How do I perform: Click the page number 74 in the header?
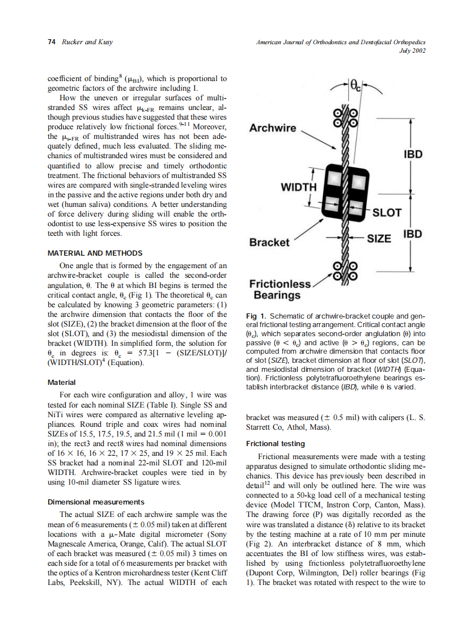click(50, 43)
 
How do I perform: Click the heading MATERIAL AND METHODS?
click(95, 253)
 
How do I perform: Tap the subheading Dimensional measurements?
click(96, 502)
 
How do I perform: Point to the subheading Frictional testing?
click(276, 443)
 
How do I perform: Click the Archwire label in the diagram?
click(273, 128)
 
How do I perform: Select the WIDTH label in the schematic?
click(299, 187)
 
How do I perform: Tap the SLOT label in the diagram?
click(387, 213)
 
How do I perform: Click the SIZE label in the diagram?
click(379, 238)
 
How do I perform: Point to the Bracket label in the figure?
click(269, 242)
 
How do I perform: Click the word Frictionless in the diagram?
click(281, 284)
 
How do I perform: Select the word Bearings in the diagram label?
click(277, 295)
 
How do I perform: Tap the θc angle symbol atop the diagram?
click(355, 87)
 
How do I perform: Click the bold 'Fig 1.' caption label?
click(257, 316)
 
